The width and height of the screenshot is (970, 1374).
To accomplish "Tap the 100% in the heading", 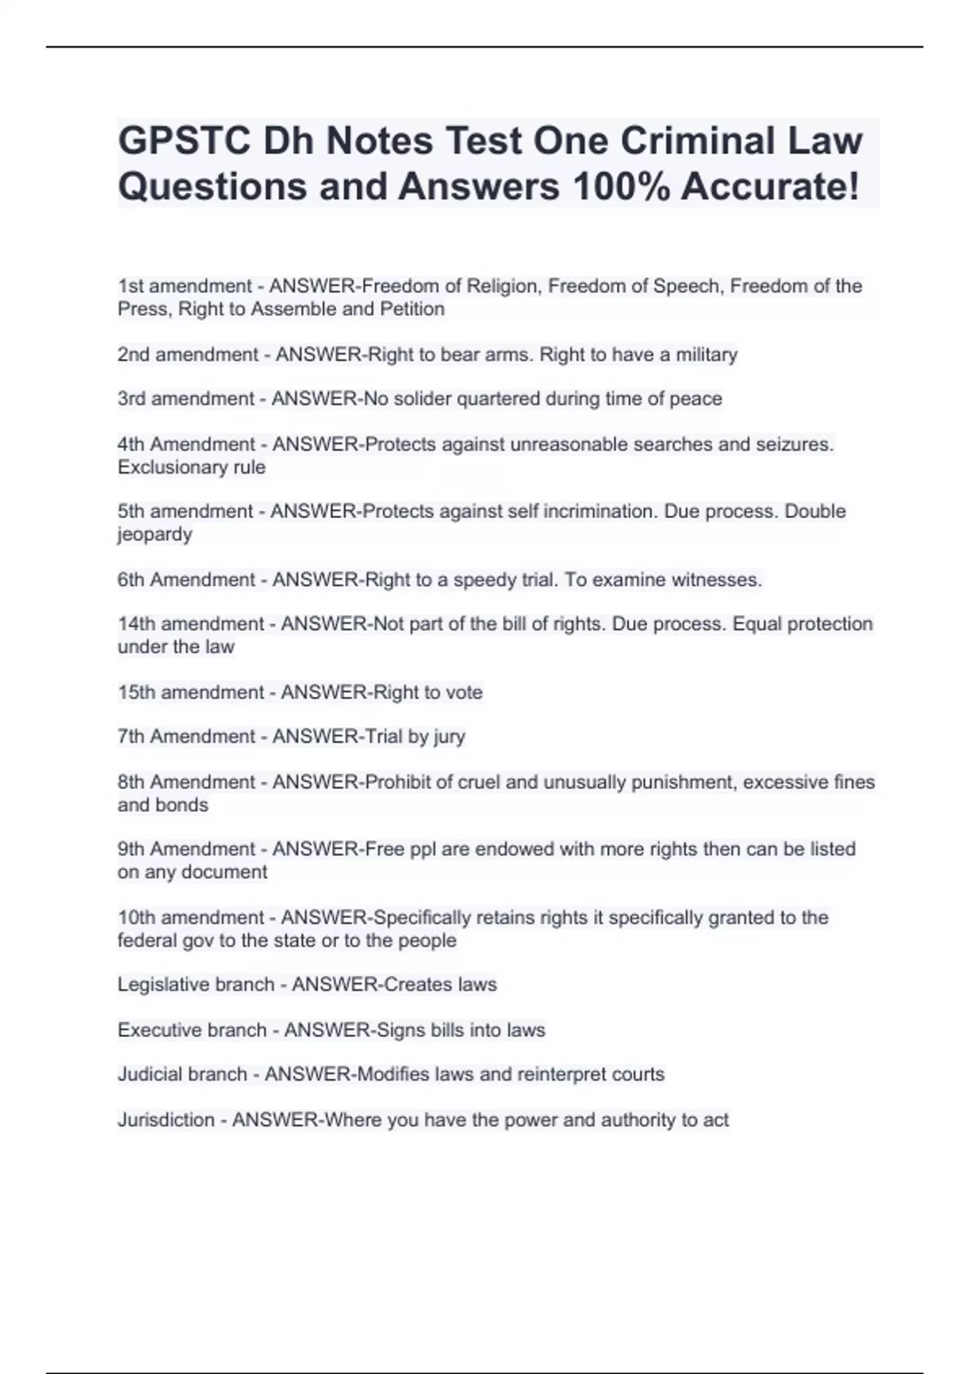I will (x=620, y=187).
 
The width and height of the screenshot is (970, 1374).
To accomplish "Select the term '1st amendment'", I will (x=185, y=286).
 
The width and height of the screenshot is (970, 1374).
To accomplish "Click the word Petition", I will (x=412, y=309).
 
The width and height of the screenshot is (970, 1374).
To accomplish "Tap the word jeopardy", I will (x=154, y=534).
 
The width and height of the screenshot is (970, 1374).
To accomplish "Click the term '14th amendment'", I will (x=191, y=624).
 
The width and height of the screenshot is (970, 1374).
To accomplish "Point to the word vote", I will (x=464, y=692).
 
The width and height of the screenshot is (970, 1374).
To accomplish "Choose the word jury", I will (x=449, y=736).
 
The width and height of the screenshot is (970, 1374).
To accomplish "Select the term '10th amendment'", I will (x=191, y=917).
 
